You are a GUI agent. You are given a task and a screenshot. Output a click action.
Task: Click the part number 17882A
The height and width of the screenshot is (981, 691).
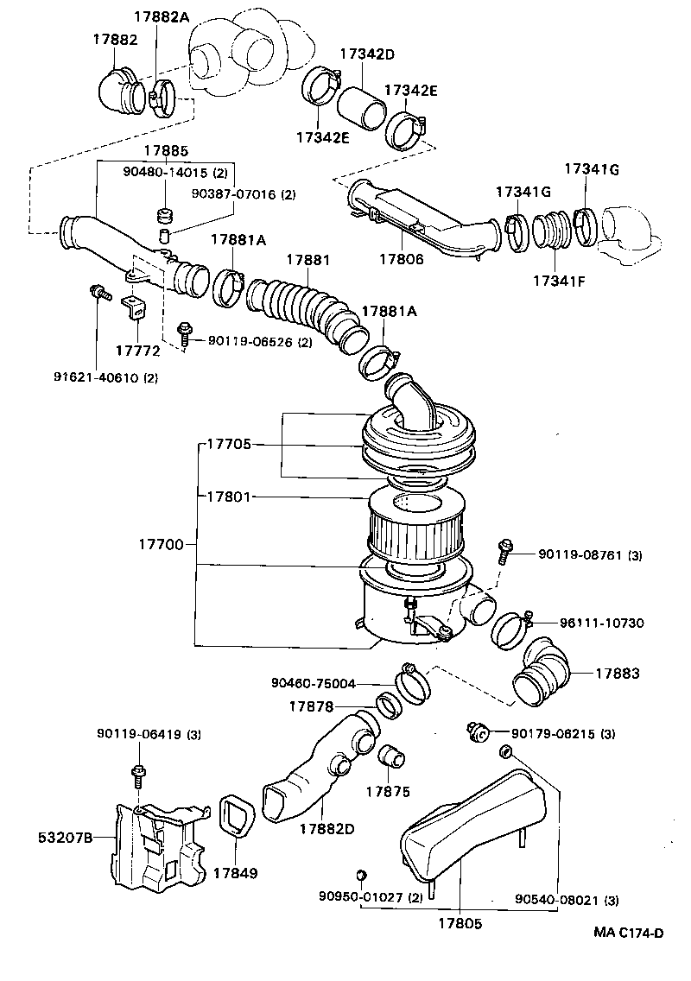161,17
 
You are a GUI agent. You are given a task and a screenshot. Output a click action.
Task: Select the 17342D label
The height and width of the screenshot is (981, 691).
366,54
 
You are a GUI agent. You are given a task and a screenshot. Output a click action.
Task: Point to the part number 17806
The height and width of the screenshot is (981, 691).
403,258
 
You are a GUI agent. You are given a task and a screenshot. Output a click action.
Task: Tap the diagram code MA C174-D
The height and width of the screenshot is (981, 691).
628,933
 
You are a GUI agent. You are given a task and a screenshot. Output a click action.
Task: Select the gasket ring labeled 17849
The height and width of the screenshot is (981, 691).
236,815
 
